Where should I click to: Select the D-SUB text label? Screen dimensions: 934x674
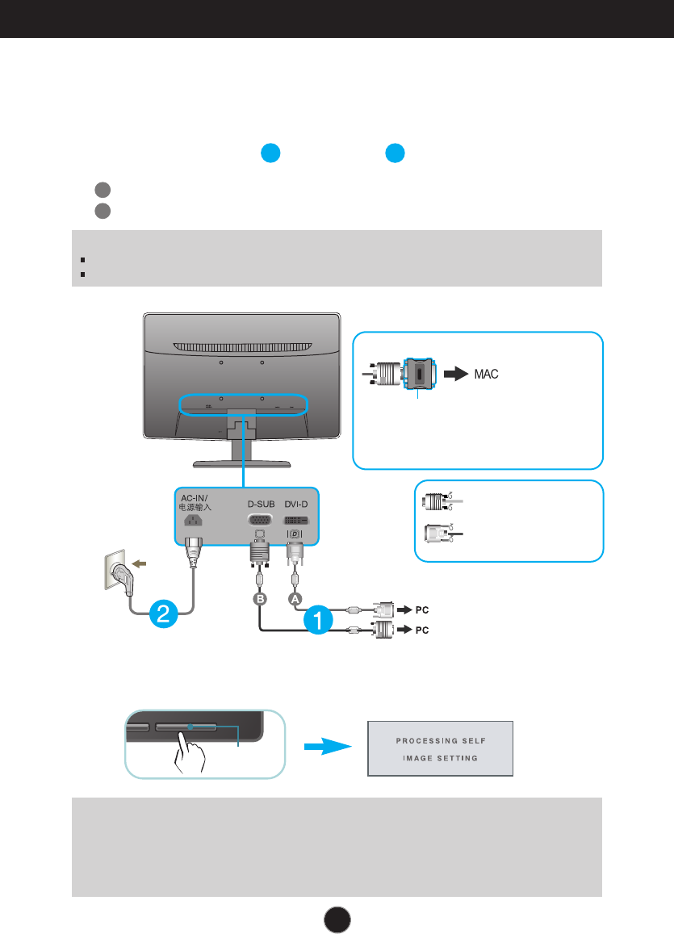pos(261,504)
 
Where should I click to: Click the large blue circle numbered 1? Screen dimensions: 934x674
pos(318,621)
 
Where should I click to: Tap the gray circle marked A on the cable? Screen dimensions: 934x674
pos(296,598)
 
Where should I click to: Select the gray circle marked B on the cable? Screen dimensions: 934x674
pos(259,598)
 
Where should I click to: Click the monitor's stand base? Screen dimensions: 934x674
pos(241,463)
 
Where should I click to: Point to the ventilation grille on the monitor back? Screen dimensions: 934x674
pos(241,346)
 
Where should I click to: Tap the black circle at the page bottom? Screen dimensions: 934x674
pos(337,917)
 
